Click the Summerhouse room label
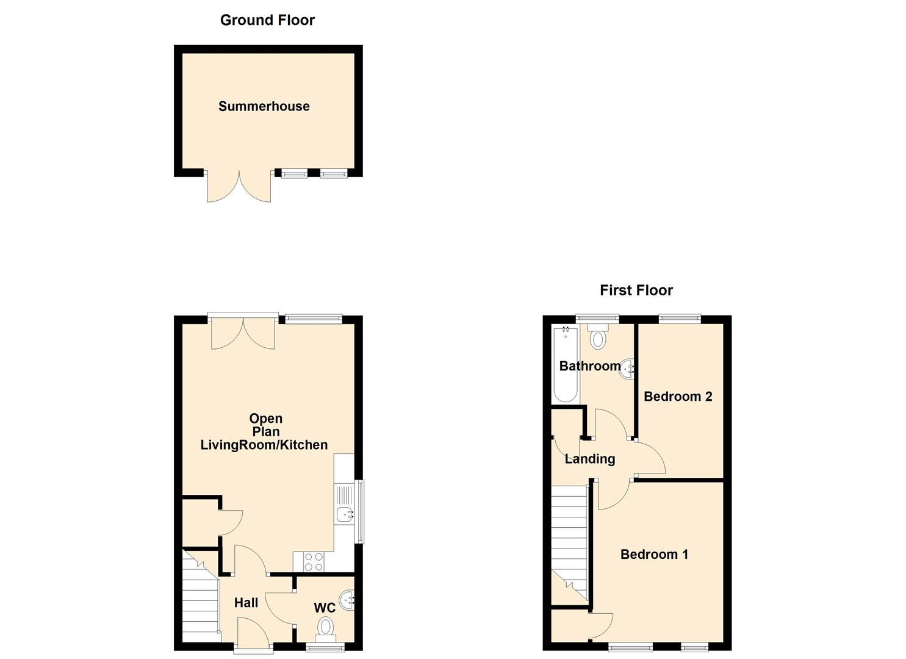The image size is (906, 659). click(x=264, y=106)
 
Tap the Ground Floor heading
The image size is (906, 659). click(x=267, y=20)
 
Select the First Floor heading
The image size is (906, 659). click(x=636, y=290)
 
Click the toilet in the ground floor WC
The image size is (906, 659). click(x=325, y=627)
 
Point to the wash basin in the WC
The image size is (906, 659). click(x=347, y=599)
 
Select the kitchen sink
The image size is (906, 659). click(x=345, y=514)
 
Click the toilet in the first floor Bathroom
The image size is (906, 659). click(x=598, y=337)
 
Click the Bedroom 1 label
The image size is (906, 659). click(x=654, y=555)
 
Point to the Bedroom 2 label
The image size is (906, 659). click(x=678, y=397)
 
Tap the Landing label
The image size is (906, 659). click(x=589, y=459)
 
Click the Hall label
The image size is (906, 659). click(x=246, y=603)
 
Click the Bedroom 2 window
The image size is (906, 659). click(x=680, y=318)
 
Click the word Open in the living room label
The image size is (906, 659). click(x=265, y=419)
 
